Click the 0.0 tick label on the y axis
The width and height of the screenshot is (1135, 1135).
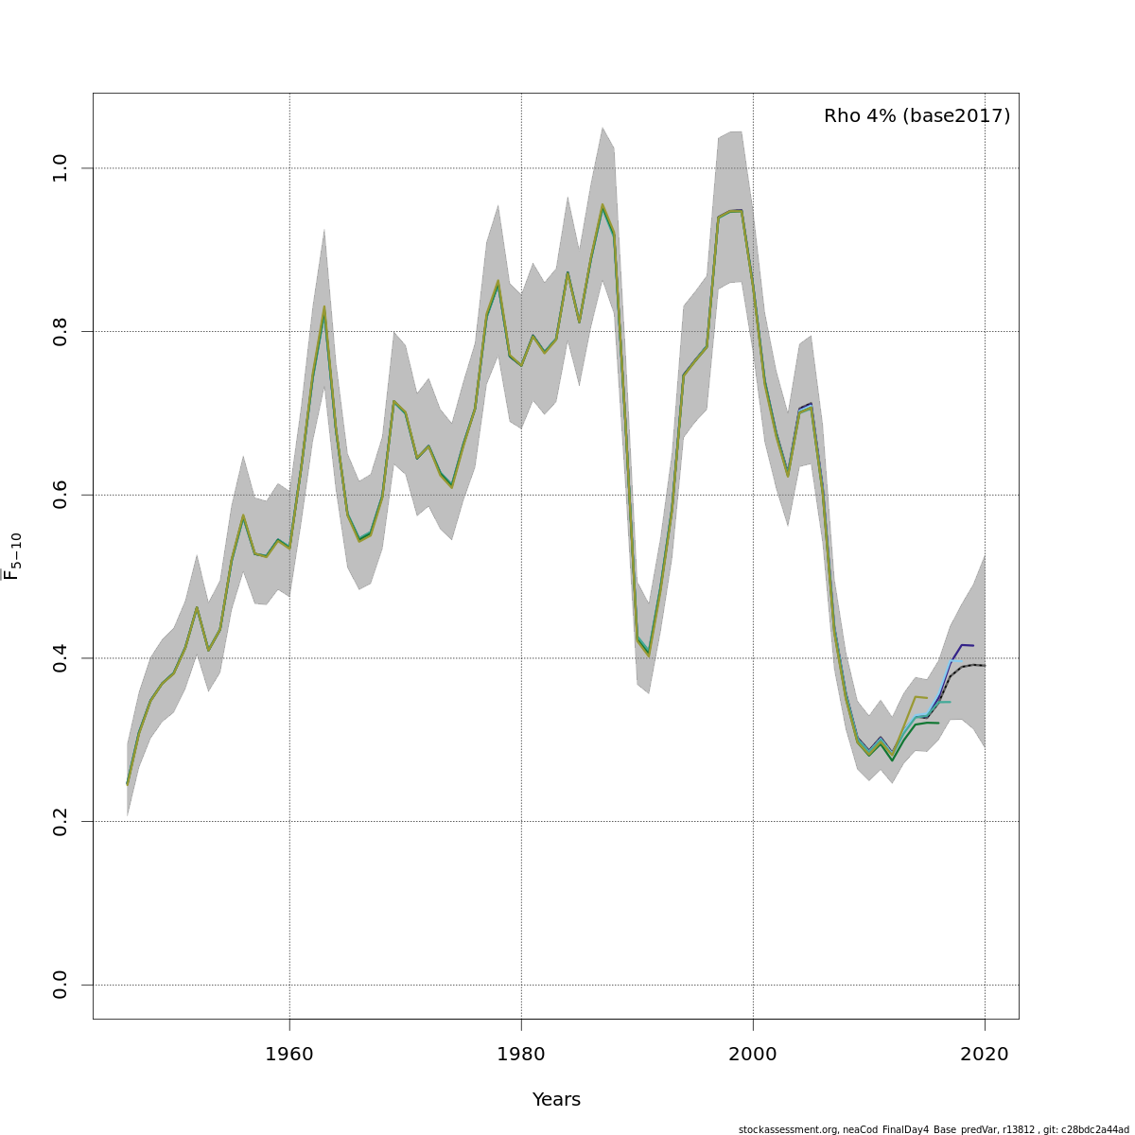point(61,985)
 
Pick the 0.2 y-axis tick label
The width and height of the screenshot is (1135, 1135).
point(61,821)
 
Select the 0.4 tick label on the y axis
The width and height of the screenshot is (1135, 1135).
point(61,657)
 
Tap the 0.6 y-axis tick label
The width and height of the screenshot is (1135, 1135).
point(61,495)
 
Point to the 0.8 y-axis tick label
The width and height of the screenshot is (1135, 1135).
point(61,331)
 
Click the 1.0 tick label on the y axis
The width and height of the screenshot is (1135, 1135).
point(61,167)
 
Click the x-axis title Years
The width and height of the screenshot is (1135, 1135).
point(556,1100)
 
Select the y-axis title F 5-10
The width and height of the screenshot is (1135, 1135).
point(13,556)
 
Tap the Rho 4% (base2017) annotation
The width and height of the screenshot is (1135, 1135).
point(917,116)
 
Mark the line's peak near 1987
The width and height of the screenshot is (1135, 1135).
point(602,204)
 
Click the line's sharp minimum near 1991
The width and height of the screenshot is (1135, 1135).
point(649,655)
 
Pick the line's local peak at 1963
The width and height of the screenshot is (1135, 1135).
point(324,307)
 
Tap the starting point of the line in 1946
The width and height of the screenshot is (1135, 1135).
point(128,783)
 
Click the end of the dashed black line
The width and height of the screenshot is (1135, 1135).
point(985,666)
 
